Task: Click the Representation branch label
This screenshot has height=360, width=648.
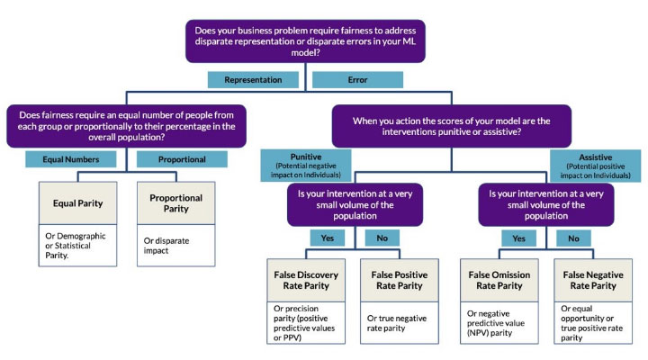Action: coord(253,80)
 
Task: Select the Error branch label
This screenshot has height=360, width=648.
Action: coord(357,80)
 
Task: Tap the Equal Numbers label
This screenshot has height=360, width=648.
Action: coord(71,159)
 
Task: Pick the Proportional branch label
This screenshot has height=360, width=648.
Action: coord(182,159)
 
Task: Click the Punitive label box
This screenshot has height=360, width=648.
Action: coord(306,166)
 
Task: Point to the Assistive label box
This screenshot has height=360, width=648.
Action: coord(596,166)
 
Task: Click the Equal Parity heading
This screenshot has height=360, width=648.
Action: coord(77,203)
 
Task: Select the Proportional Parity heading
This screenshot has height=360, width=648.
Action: coord(176,203)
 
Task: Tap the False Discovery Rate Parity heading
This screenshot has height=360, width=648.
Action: coord(306,280)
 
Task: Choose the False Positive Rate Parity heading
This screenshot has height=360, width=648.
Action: coord(400,280)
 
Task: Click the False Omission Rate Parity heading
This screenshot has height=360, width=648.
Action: coord(499,280)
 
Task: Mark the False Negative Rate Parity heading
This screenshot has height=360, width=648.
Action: coord(593,280)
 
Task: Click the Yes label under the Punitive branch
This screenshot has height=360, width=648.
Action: coord(328,238)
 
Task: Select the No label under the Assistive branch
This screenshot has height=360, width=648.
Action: coord(573,238)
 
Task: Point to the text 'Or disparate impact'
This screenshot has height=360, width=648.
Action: coord(166,246)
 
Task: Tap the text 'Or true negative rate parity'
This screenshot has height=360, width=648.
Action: coord(397,323)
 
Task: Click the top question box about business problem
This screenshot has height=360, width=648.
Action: coord(305,41)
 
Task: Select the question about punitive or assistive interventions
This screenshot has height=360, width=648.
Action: coord(452,126)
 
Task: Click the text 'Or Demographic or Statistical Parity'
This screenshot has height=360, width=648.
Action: coord(76,246)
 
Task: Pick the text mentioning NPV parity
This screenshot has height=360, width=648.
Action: coord(496,323)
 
